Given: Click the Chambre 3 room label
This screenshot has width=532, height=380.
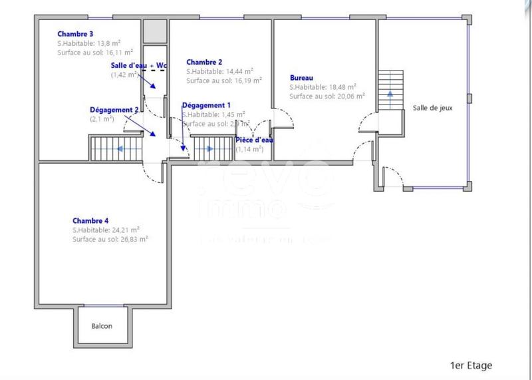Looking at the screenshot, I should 75,33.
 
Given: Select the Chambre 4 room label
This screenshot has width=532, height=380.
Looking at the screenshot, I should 90,221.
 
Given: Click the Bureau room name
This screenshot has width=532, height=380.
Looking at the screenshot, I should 301,77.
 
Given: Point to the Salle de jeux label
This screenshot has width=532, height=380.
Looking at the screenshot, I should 432,108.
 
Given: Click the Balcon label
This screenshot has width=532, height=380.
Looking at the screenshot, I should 102,326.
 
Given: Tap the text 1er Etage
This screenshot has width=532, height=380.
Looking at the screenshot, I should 471,365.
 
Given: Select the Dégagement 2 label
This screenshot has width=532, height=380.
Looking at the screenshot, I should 114,109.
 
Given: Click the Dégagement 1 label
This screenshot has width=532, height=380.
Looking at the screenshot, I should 206,105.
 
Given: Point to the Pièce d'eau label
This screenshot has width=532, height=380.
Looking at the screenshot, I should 255,140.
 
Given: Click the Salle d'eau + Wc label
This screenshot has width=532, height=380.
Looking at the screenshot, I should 139,65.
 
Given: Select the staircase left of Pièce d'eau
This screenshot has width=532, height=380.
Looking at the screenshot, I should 212,148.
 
